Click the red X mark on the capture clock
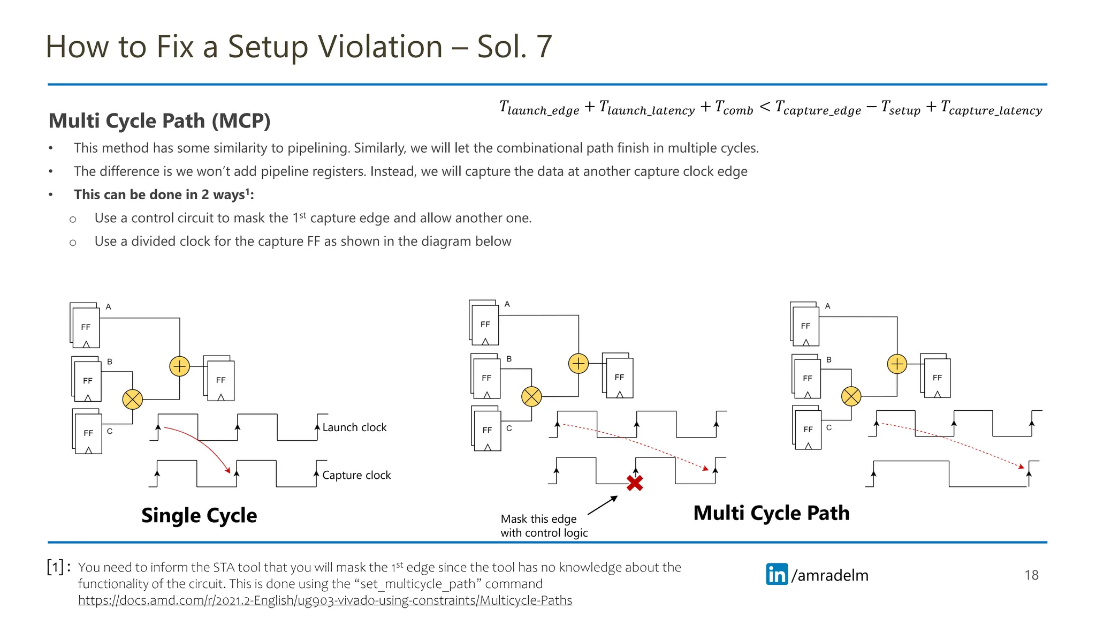coord(635,483)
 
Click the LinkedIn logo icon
coord(777,574)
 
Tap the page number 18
coord(1031,575)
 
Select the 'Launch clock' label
coord(354,427)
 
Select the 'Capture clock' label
coord(356,475)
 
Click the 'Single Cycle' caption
coord(199,515)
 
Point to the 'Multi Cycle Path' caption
coord(771,513)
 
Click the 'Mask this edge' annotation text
coord(538,519)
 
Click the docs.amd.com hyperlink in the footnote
coord(325,600)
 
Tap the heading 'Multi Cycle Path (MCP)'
coord(159,121)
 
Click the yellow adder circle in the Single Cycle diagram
coord(179,366)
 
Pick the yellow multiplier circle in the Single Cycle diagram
coord(132,399)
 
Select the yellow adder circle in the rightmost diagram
coord(897,364)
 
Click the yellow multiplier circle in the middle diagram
coord(531,396)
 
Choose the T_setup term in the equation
coord(901,108)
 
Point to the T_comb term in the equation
coord(734,108)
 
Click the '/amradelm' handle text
coord(829,575)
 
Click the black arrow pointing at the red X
coord(603,506)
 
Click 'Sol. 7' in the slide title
coord(514,47)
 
